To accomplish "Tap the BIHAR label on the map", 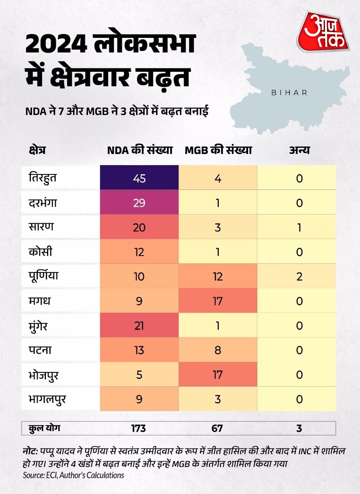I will pyautogui.click(x=289, y=93).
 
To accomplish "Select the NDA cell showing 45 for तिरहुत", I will pyautogui.click(x=139, y=178).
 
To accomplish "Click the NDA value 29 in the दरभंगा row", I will pyautogui.click(x=139, y=203).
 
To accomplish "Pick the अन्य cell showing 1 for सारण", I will pyautogui.click(x=299, y=227).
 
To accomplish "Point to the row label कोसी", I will pyautogui.click(x=40, y=252).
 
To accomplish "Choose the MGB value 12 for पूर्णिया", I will pyautogui.click(x=218, y=276).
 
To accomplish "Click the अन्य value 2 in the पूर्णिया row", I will pyautogui.click(x=299, y=276).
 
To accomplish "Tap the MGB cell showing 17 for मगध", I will pyautogui.click(x=218, y=301).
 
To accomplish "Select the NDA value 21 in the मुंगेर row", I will pyautogui.click(x=139, y=326).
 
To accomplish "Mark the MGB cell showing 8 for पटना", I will pyautogui.click(x=218, y=350).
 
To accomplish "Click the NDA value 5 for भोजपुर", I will pyautogui.click(x=139, y=375).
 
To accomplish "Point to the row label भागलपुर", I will pyautogui.click(x=47, y=399).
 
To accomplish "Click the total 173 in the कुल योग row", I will pyautogui.click(x=138, y=428).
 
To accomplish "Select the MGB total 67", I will pyautogui.click(x=217, y=428).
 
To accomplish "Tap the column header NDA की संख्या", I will pyautogui.click(x=140, y=150).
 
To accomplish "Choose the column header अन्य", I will pyautogui.click(x=299, y=150).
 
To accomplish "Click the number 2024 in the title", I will pyautogui.click(x=56, y=44).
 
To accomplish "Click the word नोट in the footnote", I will pyautogui.click(x=30, y=451).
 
